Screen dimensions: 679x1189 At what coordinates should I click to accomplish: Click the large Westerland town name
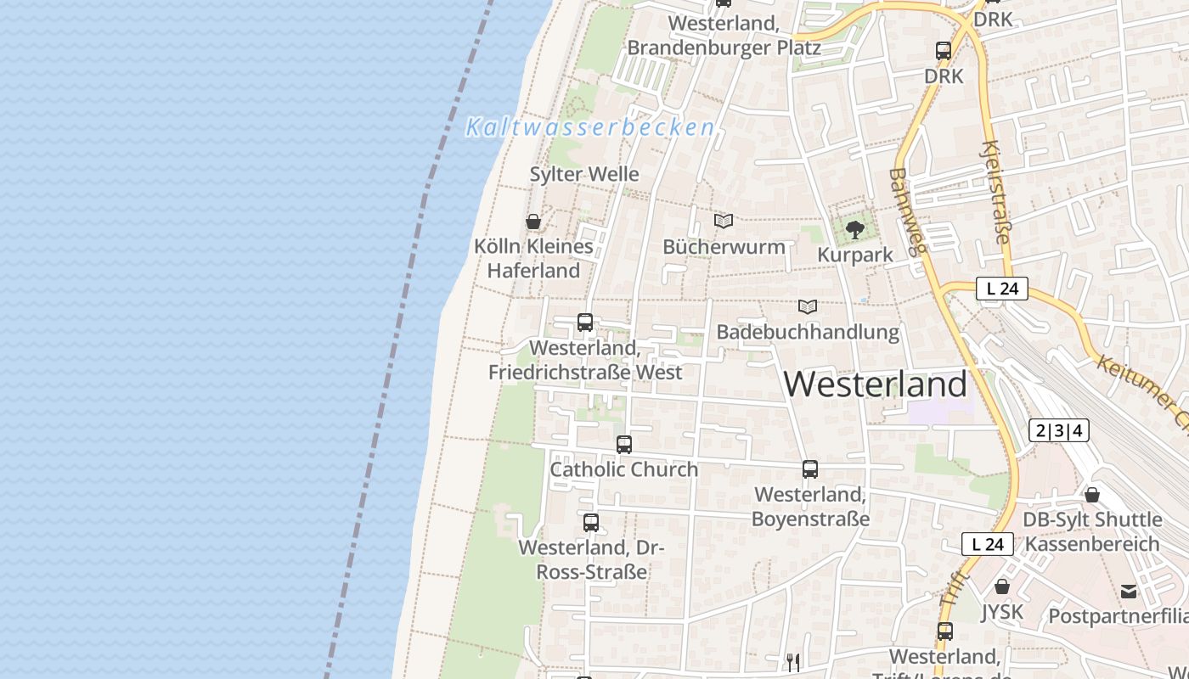pyautogui.click(x=875, y=384)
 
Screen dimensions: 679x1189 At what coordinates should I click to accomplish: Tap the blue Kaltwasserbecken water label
pyautogui.click(x=590, y=128)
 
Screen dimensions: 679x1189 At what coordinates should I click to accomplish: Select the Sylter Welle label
pyautogui.click(x=584, y=174)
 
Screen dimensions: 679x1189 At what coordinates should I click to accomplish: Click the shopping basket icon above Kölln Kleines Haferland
pyautogui.click(x=533, y=222)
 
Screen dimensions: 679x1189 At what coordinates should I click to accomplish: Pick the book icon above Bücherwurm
pyautogui.click(x=724, y=222)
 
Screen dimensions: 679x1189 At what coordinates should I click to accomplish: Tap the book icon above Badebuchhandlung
pyautogui.click(x=807, y=306)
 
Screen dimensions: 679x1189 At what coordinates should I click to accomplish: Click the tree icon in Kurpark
pyautogui.click(x=855, y=229)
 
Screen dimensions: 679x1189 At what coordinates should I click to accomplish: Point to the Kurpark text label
pyautogui.click(x=855, y=255)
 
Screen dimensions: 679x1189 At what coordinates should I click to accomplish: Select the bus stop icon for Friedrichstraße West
pyautogui.click(x=585, y=323)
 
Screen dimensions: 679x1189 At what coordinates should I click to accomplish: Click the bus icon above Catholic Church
pyautogui.click(x=624, y=445)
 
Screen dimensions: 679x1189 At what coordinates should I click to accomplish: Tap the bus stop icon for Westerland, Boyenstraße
pyautogui.click(x=810, y=469)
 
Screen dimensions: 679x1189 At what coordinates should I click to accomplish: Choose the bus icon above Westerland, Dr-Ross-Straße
pyautogui.click(x=591, y=523)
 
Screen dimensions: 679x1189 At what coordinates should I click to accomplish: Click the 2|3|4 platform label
pyautogui.click(x=1058, y=430)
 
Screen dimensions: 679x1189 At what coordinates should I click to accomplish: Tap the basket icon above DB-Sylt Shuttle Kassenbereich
pyautogui.click(x=1092, y=494)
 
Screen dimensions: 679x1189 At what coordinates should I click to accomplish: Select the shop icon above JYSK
pyautogui.click(x=1002, y=586)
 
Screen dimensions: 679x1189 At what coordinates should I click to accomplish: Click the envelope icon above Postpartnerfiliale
pyautogui.click(x=1129, y=592)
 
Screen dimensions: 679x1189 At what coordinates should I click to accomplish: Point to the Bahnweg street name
pyautogui.click(x=905, y=216)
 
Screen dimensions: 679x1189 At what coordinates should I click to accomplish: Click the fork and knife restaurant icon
pyautogui.click(x=793, y=661)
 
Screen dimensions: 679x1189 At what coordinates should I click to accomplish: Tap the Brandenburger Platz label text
pyautogui.click(x=724, y=48)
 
